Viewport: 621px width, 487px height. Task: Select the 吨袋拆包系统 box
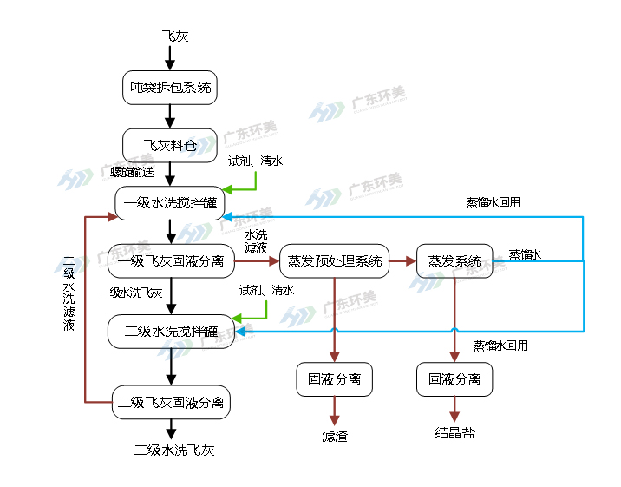click(x=170, y=87)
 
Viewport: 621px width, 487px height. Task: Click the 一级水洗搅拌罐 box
click(x=171, y=203)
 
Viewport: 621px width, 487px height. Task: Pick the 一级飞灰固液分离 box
click(x=171, y=260)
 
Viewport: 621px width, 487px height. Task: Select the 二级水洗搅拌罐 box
click(x=171, y=331)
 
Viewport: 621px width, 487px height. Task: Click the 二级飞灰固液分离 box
click(x=171, y=402)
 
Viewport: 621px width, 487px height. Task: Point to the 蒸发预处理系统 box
click(x=334, y=260)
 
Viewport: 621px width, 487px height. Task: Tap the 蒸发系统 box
click(x=454, y=260)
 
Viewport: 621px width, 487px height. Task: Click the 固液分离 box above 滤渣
click(x=334, y=379)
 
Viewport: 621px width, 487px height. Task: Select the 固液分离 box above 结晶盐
click(x=454, y=379)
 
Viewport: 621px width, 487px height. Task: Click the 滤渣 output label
click(x=334, y=437)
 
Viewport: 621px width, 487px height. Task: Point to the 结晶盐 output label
click(x=454, y=432)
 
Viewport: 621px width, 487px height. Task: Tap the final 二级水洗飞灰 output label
click(x=173, y=450)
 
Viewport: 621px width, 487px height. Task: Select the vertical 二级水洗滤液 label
click(x=69, y=294)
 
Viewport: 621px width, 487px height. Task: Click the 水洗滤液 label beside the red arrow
click(x=256, y=241)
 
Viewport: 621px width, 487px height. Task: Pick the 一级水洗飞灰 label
click(x=130, y=293)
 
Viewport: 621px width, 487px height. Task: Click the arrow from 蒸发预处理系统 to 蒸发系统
click(x=402, y=260)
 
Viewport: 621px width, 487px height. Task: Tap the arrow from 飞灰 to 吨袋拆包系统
click(x=170, y=56)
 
